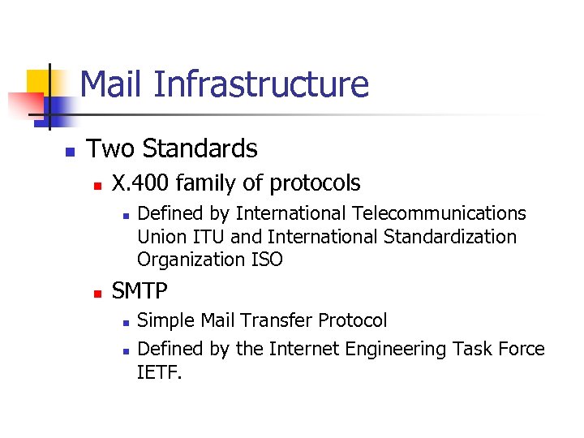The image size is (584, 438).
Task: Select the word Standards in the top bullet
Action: coord(200,148)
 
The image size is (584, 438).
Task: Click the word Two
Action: coord(111,148)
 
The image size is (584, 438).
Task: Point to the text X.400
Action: coord(140,183)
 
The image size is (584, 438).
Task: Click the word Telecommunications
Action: coord(438,213)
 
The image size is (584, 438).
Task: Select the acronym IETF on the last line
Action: coord(159,372)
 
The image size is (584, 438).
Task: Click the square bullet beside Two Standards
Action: coord(70,151)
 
